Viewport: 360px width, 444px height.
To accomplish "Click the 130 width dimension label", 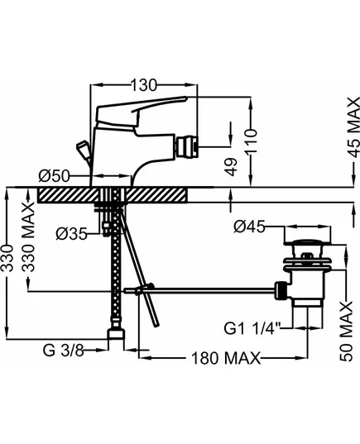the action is pyautogui.click(x=143, y=84).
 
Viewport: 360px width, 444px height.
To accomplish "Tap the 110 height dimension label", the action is pyautogui.click(x=251, y=141).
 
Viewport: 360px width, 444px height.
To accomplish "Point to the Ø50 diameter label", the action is pyautogui.click(x=54, y=176).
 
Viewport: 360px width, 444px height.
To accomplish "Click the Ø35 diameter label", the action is pyautogui.click(x=71, y=234).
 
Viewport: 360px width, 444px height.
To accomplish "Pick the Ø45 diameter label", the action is pyautogui.click(x=249, y=227).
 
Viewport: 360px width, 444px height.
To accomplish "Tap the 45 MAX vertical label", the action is pyautogui.click(x=353, y=127).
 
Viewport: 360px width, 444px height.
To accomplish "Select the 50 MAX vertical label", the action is pyautogui.click(x=347, y=332).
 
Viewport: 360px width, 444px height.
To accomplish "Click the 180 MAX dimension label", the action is pyautogui.click(x=226, y=358).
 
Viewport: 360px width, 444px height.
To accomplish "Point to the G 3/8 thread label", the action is pyautogui.click(x=63, y=351).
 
